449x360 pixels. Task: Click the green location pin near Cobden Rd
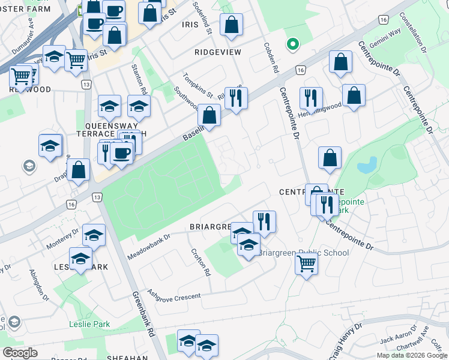click(293, 44)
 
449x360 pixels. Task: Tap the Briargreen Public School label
click(303, 253)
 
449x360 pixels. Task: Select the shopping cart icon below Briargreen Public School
click(307, 262)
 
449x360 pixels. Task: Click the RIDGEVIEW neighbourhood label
click(218, 52)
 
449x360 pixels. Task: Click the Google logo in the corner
click(20, 353)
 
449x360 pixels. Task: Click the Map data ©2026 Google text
click(412, 355)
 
